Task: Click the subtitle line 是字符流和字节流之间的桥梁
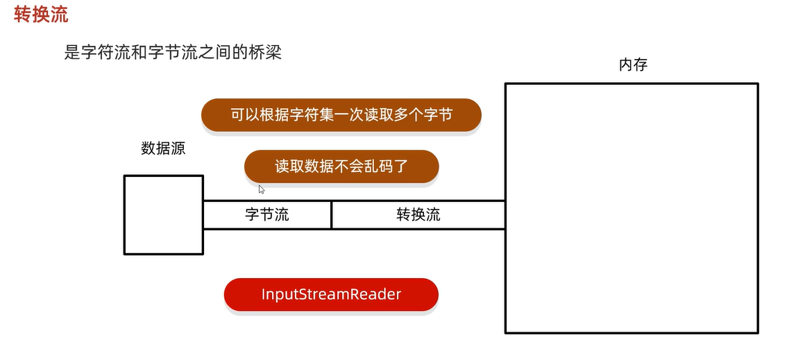[173, 52]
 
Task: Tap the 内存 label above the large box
[633, 65]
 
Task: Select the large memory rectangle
[631, 208]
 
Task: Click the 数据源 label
[163, 148]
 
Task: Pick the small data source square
[164, 214]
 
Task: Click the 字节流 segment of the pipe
[267, 215]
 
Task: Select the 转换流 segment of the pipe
[418, 215]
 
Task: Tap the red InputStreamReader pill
[331, 294]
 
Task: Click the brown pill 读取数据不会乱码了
[341, 166]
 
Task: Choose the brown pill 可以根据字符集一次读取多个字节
[341, 115]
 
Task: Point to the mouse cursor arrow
[261, 188]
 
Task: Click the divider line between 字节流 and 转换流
[332, 215]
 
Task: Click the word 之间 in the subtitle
[217, 52]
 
